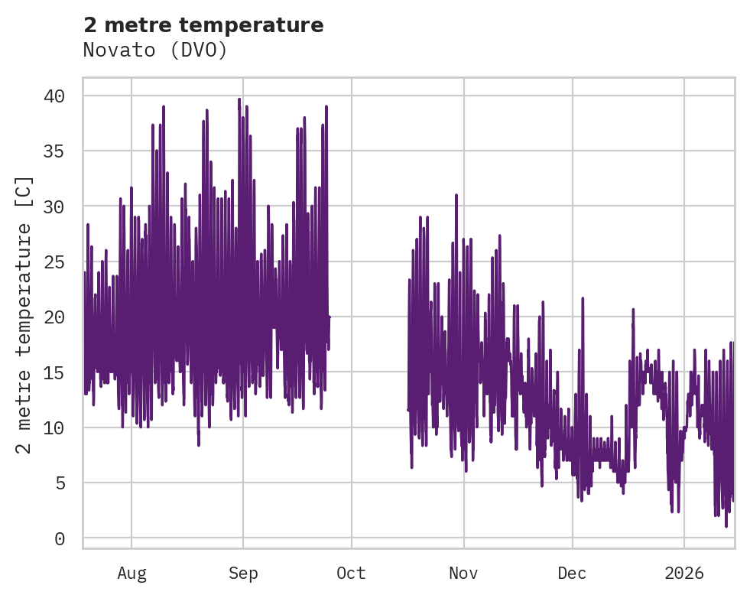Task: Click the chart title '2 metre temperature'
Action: [x=203, y=25]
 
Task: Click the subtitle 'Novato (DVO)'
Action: [x=155, y=50]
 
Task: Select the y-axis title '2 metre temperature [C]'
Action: [x=24, y=314]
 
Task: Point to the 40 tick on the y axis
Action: [x=64, y=96]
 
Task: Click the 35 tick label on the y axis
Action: [x=64, y=151]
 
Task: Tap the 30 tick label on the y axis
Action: [x=64, y=206]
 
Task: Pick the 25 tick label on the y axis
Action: [x=64, y=262]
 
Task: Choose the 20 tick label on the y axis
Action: [x=64, y=317]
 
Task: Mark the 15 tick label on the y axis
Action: [x=64, y=372]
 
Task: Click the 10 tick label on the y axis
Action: [x=64, y=427]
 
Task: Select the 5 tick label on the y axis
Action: [x=70, y=483]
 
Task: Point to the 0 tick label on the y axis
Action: [x=70, y=539]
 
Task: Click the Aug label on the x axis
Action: [x=131, y=573]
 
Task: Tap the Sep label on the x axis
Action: [x=243, y=573]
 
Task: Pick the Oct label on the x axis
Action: [x=352, y=573]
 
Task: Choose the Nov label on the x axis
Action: [x=463, y=573]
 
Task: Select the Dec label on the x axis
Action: [x=572, y=573]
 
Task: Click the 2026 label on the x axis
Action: [x=683, y=573]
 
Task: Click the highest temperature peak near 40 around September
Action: [x=239, y=99]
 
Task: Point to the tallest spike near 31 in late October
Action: [x=456, y=196]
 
